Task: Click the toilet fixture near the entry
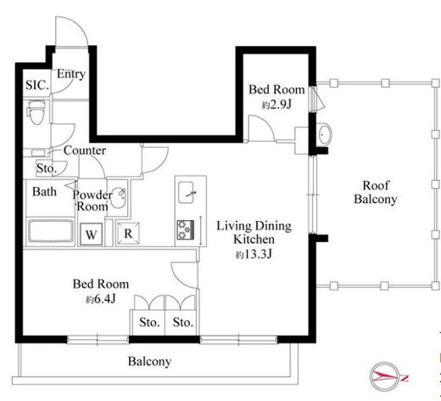coord(36,112)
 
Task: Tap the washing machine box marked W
coord(92,234)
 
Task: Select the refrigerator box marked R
coord(128,234)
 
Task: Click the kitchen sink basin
coord(186,193)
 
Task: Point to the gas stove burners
coord(186,229)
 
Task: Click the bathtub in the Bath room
coord(51,231)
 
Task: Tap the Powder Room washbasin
coord(118,198)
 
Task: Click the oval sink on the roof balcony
coord(325,134)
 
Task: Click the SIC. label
coord(37,85)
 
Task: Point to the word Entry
coord(71,74)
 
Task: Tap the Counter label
coord(85,150)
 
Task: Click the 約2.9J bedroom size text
coord(276,105)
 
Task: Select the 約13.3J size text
coord(254,254)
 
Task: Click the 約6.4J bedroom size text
coord(101,299)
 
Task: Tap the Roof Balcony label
coord(376,192)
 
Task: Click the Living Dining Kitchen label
coord(254,233)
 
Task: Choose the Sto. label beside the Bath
coord(47,168)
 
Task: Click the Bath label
coord(44,192)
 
